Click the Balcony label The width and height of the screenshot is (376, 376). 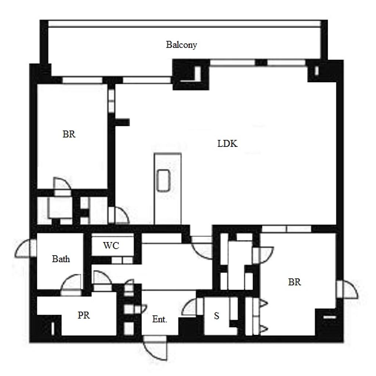181,44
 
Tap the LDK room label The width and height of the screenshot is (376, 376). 227,144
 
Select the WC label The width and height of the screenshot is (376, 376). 111,246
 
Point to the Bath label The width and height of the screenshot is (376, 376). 61,259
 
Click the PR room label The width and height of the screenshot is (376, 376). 84,315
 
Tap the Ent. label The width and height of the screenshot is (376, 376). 160,319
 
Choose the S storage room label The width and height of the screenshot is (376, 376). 217,316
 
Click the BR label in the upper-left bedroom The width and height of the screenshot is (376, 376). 69,134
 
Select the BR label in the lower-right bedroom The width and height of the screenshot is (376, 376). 294,282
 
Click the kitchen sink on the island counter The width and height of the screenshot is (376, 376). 163,180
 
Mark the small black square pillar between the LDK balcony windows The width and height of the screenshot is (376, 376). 261,62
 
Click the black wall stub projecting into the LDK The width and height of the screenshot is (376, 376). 122,122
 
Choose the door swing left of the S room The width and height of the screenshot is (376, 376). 189,307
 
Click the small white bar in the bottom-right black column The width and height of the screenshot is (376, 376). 330,317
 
